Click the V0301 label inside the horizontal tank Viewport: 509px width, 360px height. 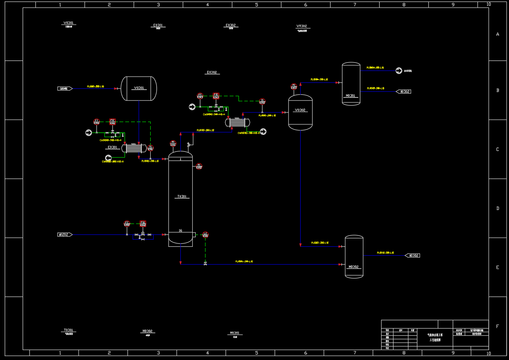click(x=139, y=88)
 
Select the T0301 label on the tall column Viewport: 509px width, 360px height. click(x=181, y=197)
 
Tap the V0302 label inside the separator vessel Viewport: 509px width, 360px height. click(x=300, y=110)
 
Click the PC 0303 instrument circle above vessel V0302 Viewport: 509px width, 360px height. click(x=294, y=87)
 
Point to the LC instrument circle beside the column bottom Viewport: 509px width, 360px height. click(x=205, y=234)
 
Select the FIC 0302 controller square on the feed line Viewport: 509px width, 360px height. click(x=143, y=223)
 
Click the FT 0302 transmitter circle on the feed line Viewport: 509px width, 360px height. click(x=127, y=223)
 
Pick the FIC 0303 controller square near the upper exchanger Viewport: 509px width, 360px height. click(x=216, y=95)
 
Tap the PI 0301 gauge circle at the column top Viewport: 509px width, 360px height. click(x=173, y=144)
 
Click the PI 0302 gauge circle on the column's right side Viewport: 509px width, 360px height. click(x=199, y=166)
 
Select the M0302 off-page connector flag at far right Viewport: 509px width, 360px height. click(x=413, y=256)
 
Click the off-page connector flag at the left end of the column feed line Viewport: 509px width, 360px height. click(x=65, y=234)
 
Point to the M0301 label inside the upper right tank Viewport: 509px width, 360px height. click(x=351, y=96)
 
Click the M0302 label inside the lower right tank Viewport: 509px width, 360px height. click(x=354, y=267)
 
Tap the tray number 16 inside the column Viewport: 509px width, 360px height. click(x=180, y=231)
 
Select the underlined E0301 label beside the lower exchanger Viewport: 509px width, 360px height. click(x=112, y=147)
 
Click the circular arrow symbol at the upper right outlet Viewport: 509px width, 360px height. click(x=399, y=70)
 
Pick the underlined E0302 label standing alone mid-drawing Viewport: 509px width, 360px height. click(x=212, y=72)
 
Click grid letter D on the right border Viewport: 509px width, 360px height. click(x=497, y=208)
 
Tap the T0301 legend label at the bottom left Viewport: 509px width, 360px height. click(x=68, y=330)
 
